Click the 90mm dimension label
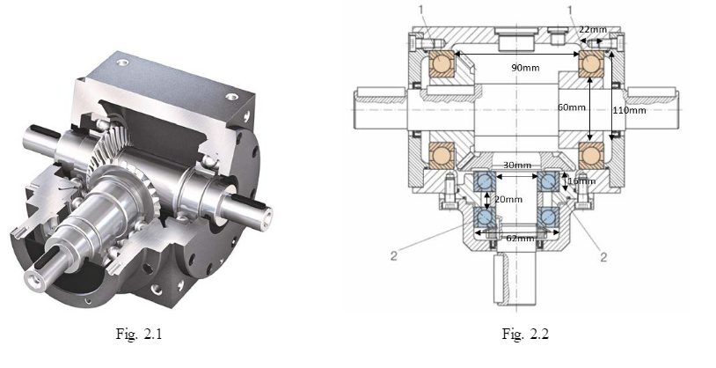[x=525, y=68]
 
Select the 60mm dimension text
[x=571, y=107]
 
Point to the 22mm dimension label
[x=592, y=29]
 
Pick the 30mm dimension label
[x=516, y=166]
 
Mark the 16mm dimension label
[x=582, y=181]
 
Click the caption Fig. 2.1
[x=151, y=334]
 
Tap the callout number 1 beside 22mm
[x=573, y=11]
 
